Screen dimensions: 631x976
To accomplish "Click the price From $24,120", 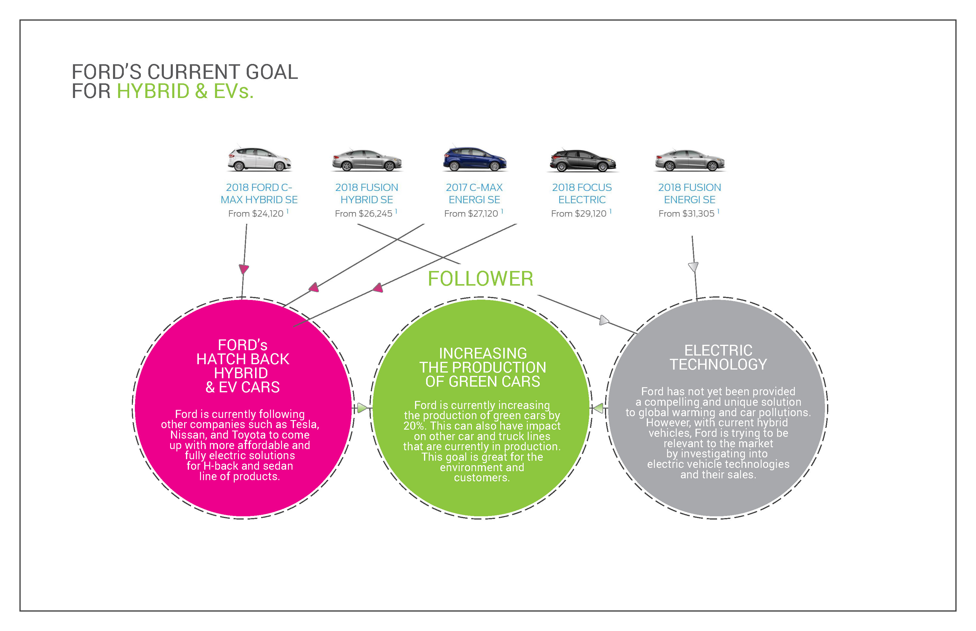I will [256, 214].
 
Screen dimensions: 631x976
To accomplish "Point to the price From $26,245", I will [363, 214].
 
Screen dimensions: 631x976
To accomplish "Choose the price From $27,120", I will [471, 214].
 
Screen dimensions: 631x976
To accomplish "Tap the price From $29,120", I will [579, 214].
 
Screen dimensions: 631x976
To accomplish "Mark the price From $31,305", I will [687, 214].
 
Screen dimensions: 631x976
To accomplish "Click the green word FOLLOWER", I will [480, 279].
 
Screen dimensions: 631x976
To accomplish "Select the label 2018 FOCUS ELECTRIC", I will [582, 193].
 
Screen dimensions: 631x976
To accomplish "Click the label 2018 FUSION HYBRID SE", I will [367, 193].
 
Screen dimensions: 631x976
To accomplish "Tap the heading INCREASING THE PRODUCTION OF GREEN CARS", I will [483, 367].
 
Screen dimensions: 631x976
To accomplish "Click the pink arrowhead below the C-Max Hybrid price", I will [244, 269].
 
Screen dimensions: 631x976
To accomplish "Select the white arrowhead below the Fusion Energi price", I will [693, 267].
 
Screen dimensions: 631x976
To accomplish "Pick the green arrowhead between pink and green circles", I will [362, 408].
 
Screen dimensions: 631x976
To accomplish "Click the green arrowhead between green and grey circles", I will [598, 408].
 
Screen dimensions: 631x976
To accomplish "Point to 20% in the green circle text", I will [413, 426].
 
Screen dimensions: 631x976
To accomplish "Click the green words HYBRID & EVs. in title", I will [185, 91].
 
